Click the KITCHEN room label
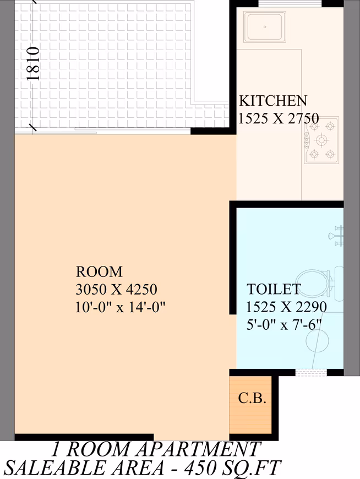[x=272, y=101]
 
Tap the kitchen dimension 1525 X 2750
[x=279, y=118]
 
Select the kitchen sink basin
[x=264, y=26]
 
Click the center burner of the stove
[x=321, y=140]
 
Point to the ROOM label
[x=99, y=271]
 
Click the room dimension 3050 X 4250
[x=116, y=289]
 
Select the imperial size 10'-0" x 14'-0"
[x=121, y=307]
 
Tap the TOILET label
[x=274, y=289]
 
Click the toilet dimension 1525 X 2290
[x=286, y=307]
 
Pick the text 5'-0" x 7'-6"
[x=284, y=324]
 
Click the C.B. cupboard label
[x=252, y=398]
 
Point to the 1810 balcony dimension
[x=33, y=63]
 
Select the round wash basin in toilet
[x=318, y=341]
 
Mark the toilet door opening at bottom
[x=311, y=372]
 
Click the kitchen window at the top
[x=291, y=3]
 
